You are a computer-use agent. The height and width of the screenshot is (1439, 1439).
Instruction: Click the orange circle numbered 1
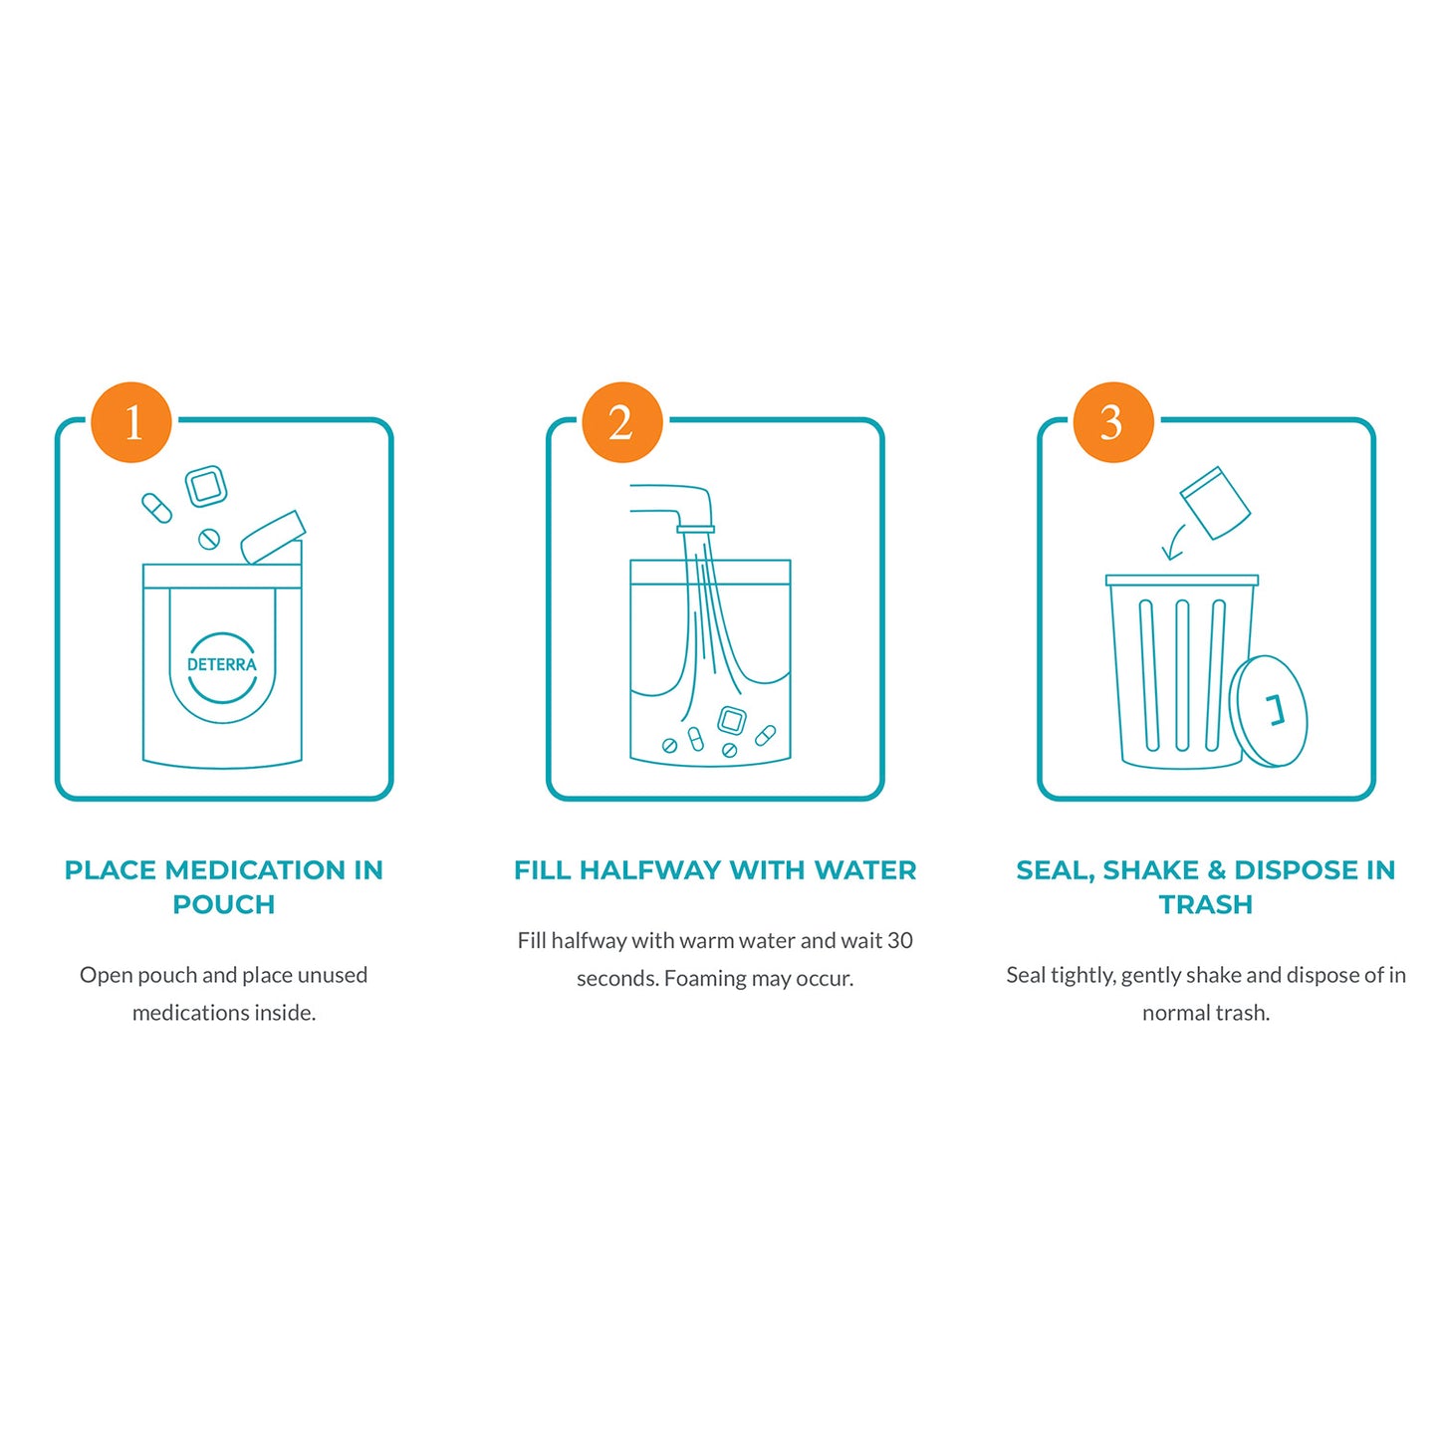click(131, 422)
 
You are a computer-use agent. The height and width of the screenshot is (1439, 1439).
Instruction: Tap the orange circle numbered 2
click(622, 422)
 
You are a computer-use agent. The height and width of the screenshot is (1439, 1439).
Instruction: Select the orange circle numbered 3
click(1112, 422)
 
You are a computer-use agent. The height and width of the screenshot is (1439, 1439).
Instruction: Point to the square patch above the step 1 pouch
click(206, 486)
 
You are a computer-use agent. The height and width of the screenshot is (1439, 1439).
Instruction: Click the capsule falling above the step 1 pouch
click(156, 508)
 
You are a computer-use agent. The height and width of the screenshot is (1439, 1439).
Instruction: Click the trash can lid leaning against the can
click(1269, 711)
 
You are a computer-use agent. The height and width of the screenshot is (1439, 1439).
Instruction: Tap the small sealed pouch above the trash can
click(1215, 503)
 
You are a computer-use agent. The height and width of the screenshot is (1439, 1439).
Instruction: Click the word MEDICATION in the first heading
click(255, 870)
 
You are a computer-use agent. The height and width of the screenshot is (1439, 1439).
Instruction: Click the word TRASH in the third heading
click(1206, 904)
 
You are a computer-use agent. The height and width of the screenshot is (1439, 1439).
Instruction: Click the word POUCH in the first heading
click(224, 904)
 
